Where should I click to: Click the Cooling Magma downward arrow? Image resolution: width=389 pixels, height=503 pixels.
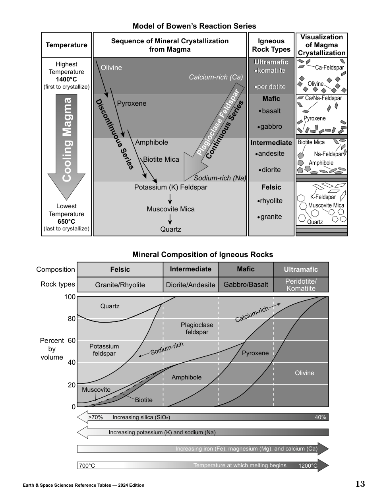coord(67,147)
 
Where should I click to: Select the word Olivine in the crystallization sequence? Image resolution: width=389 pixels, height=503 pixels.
coord(111,68)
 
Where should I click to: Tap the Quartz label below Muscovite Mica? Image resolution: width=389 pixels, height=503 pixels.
coord(170,229)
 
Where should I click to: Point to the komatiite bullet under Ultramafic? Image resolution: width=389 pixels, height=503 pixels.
coord(270,71)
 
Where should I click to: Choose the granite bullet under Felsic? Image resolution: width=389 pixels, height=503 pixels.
coord(270,217)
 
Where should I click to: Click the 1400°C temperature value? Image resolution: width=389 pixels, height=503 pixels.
coord(66,79)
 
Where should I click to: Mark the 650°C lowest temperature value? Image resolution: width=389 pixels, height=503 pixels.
coord(66,221)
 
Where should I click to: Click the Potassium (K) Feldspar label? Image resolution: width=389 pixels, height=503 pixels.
coord(170,187)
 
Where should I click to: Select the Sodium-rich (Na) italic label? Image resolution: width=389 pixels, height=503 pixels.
coord(220,178)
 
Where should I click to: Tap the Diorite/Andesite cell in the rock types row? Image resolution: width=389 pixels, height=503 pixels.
coord(190,285)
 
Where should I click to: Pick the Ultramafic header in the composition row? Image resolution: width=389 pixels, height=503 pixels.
coord(301,269)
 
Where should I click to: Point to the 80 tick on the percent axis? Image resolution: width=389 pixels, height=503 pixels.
coord(72,319)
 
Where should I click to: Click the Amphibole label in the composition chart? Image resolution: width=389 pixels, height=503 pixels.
coord(186,377)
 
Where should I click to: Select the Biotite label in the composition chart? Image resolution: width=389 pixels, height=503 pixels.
coord(143,400)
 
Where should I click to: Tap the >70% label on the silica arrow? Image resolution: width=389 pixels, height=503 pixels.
coord(95,417)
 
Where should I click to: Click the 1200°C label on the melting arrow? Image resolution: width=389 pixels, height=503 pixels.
coord(308,466)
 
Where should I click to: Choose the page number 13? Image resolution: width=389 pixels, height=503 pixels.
coord(360,484)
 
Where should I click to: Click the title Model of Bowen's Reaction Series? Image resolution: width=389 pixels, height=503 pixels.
coord(194,26)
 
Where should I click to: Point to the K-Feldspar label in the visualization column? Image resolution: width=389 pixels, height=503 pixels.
coord(323,197)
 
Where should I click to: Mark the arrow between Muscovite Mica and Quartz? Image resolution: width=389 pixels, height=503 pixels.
coord(170,219)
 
